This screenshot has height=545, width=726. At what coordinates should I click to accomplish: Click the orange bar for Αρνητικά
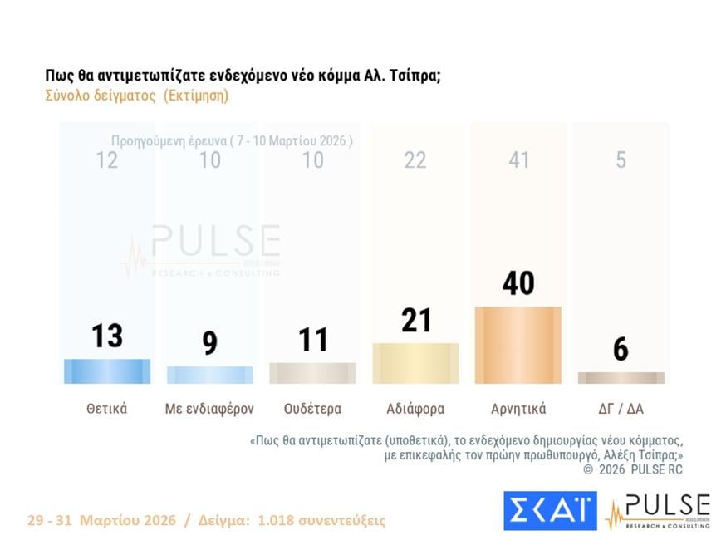tap(518, 345)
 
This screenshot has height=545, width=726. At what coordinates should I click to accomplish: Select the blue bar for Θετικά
tap(107, 371)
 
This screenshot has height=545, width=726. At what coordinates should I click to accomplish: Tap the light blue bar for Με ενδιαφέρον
tap(210, 375)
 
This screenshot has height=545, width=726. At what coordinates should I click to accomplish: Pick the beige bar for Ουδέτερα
tap(312, 373)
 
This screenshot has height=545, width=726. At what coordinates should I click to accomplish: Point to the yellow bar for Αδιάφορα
tap(415, 363)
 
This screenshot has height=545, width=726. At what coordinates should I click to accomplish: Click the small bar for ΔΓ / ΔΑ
tap(621, 378)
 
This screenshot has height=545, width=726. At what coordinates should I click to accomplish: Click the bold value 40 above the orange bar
tap(518, 283)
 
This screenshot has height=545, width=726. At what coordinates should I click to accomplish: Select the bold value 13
tap(107, 336)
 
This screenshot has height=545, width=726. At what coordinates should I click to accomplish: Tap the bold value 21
tap(415, 319)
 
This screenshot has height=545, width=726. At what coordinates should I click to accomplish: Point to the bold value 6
tap(621, 349)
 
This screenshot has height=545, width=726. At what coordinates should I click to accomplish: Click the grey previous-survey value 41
tap(518, 160)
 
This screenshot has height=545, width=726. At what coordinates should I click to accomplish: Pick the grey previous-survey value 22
tap(415, 160)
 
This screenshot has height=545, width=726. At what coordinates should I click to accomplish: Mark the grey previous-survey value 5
tap(621, 160)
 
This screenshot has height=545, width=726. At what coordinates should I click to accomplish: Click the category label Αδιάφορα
tap(415, 409)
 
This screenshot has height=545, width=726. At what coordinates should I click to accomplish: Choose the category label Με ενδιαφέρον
tap(210, 409)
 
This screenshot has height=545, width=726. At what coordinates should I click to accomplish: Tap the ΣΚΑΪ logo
tap(549, 510)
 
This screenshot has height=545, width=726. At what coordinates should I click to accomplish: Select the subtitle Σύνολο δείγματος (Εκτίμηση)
tap(137, 95)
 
